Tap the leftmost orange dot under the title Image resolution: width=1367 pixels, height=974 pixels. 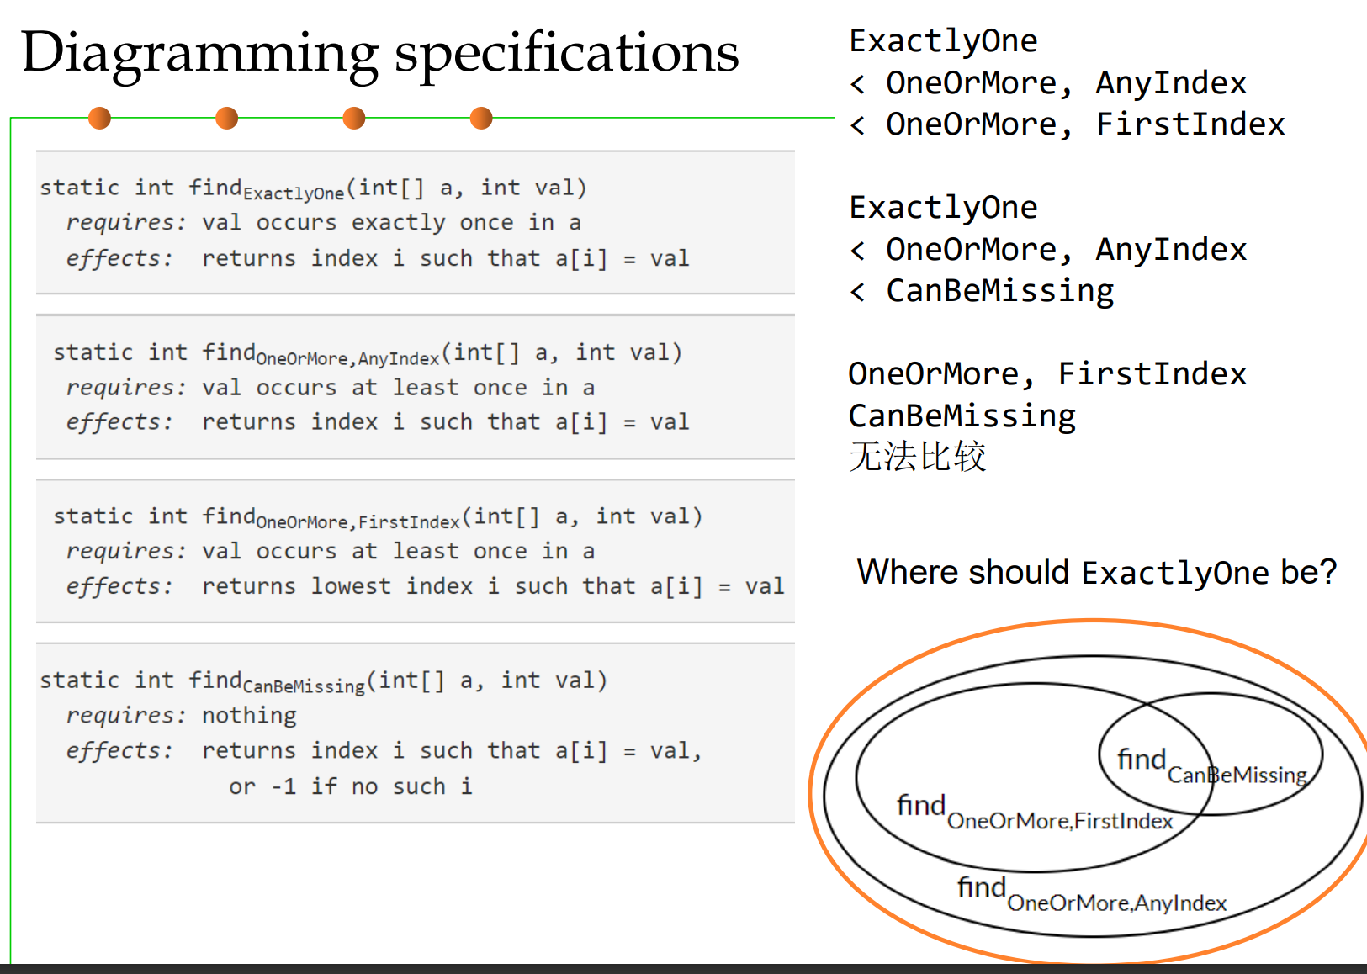coord(99,119)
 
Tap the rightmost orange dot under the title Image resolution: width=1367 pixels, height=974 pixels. coord(481,119)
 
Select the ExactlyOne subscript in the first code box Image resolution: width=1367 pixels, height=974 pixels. coord(294,194)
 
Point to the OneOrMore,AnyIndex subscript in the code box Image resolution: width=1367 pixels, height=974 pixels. coord(347,359)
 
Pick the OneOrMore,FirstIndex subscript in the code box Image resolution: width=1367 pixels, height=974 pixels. coord(358,522)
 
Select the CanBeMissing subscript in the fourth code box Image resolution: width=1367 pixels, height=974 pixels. coord(304,686)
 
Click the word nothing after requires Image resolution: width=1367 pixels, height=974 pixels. coord(249,716)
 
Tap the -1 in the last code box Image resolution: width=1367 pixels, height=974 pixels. coord(283,787)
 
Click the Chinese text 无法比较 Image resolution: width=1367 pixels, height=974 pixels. coord(917,458)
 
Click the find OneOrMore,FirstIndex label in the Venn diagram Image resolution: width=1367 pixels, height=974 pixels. coord(1035,813)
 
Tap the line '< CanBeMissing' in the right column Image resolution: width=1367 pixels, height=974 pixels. coord(982,291)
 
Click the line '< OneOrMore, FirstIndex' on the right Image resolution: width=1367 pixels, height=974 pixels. coord(1068,124)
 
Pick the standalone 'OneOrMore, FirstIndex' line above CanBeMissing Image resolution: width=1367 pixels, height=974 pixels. coord(1047,374)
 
